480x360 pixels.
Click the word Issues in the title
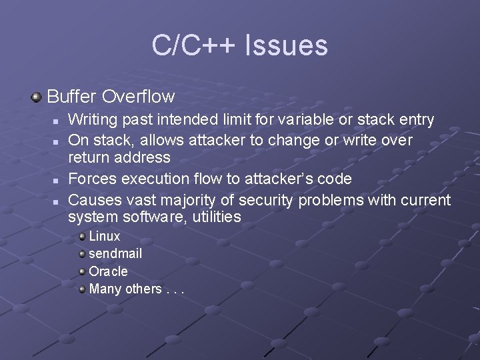pyautogui.click(x=287, y=46)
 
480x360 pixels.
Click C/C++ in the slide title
pyautogui.click(x=195, y=46)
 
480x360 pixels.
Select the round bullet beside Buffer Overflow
pyautogui.click(x=35, y=97)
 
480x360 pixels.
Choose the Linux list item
pyautogui.click(x=105, y=237)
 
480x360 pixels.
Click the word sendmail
pyautogui.click(x=115, y=254)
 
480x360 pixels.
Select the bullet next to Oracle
pyautogui.click(x=81, y=271)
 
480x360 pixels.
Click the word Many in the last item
pyautogui.click(x=103, y=289)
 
